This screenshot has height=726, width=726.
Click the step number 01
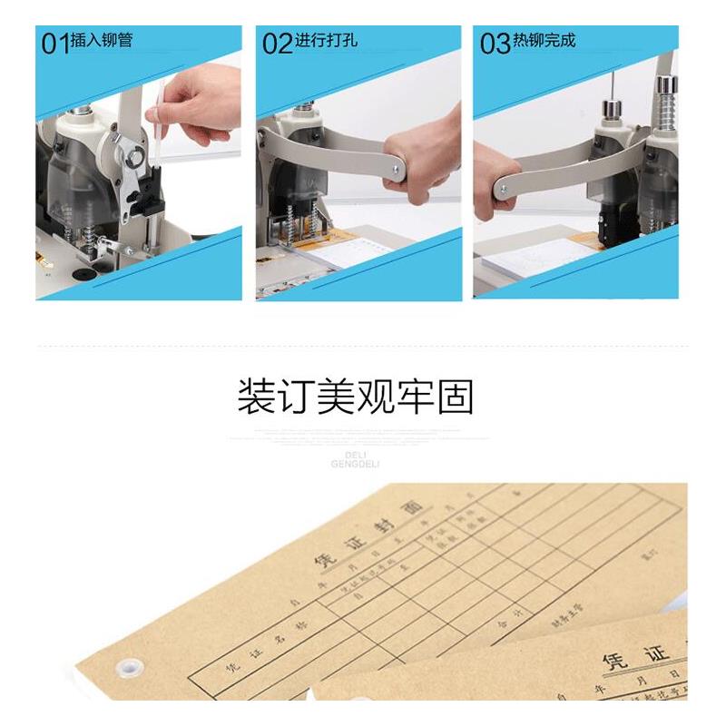(x=55, y=44)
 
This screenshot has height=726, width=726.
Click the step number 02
(x=278, y=44)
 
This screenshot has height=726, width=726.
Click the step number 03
(x=495, y=44)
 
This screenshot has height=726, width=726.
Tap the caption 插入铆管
(x=103, y=41)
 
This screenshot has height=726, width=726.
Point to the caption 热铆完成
(x=544, y=41)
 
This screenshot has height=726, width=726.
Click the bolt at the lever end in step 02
(x=397, y=168)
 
